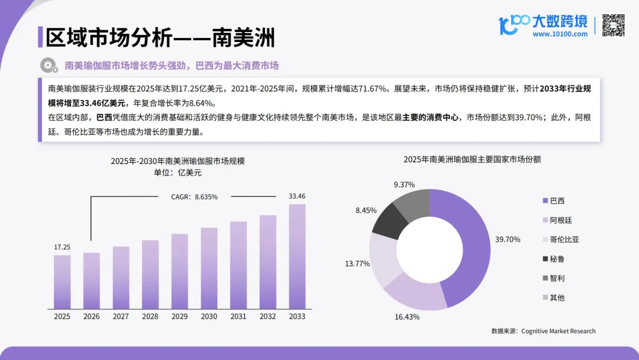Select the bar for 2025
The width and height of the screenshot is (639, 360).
[x=62, y=282]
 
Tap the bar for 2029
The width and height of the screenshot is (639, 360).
[x=179, y=271]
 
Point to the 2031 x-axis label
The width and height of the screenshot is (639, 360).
[x=238, y=317]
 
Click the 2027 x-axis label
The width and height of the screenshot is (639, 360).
[x=121, y=317]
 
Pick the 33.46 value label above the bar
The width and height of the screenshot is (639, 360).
[x=297, y=196]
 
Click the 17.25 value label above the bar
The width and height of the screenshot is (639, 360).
[x=62, y=246]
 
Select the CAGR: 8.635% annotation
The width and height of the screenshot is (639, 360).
[x=195, y=197]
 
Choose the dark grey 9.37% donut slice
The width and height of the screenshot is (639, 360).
[x=412, y=201]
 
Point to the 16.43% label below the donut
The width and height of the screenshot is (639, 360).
[x=407, y=317]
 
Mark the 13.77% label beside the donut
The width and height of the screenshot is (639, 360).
[x=357, y=263]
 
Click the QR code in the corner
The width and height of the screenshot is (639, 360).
[x=614, y=25]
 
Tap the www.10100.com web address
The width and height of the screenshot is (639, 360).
[x=560, y=34]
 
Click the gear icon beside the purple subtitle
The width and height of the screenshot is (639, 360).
[x=47, y=65]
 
